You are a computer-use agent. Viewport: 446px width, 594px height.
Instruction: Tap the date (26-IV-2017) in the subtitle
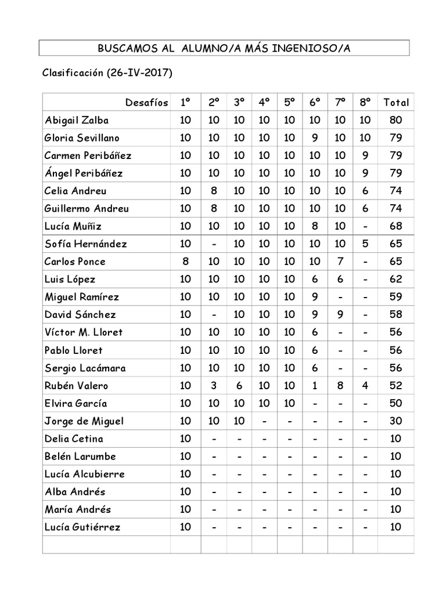pos(139,74)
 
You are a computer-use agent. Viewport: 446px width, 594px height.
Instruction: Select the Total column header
pos(396,103)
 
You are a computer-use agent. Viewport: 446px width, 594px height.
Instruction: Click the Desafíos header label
pos(146,103)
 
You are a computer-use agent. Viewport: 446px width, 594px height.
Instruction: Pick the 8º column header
pos(365,103)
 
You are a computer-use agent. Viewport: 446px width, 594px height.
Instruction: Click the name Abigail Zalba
pos(77,121)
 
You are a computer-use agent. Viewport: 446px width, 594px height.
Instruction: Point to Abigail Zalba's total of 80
pos(396,121)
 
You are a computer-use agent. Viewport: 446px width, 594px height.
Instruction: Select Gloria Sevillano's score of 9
pos(315,138)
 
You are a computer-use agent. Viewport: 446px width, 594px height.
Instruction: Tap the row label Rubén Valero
pos(76,386)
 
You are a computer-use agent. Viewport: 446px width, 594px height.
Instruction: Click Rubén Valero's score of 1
pos(315,386)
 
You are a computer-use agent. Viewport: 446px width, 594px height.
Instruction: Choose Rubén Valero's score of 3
pos(214,386)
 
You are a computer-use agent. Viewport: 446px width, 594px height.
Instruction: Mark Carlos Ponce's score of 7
pos(340,262)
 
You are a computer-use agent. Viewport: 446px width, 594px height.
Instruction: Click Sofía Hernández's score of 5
pos(365,244)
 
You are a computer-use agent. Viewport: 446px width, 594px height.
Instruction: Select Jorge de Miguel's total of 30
pos(396,421)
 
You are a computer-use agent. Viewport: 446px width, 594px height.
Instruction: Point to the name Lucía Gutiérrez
pos(82,527)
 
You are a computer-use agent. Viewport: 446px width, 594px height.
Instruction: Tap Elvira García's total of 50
pos(396,403)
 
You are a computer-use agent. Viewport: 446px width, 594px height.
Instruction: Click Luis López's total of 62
pos(396,279)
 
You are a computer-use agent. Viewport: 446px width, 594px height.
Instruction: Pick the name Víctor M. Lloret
pos(84,332)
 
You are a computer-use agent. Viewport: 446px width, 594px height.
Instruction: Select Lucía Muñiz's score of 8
pos(315,226)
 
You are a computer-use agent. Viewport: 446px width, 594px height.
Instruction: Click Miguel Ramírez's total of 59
pos(396,297)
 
